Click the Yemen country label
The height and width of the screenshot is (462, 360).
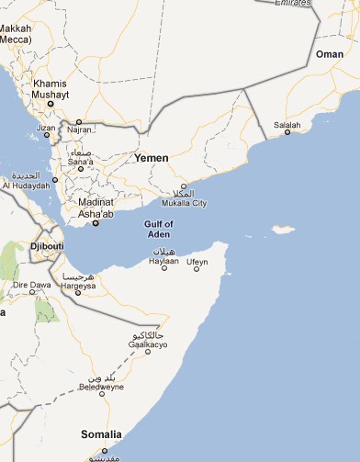pos(152,158)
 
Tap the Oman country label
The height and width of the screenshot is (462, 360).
pos(329,54)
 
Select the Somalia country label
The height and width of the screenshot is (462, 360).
pos(100,434)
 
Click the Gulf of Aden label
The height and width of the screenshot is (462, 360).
pos(159,230)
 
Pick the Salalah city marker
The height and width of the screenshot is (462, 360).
pos(287,132)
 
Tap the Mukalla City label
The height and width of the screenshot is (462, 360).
pos(184,203)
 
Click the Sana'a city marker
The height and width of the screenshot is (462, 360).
pos(80,168)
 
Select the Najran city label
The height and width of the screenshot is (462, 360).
pos(79,131)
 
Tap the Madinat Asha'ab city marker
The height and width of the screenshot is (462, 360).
pos(96,221)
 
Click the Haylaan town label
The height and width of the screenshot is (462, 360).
pos(163,261)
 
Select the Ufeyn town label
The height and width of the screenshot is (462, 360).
pos(197,262)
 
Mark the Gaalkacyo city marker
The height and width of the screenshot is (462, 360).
pos(147,354)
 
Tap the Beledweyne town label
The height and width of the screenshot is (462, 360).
pos(101,388)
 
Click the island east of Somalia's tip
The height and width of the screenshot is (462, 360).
pos(283,229)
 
